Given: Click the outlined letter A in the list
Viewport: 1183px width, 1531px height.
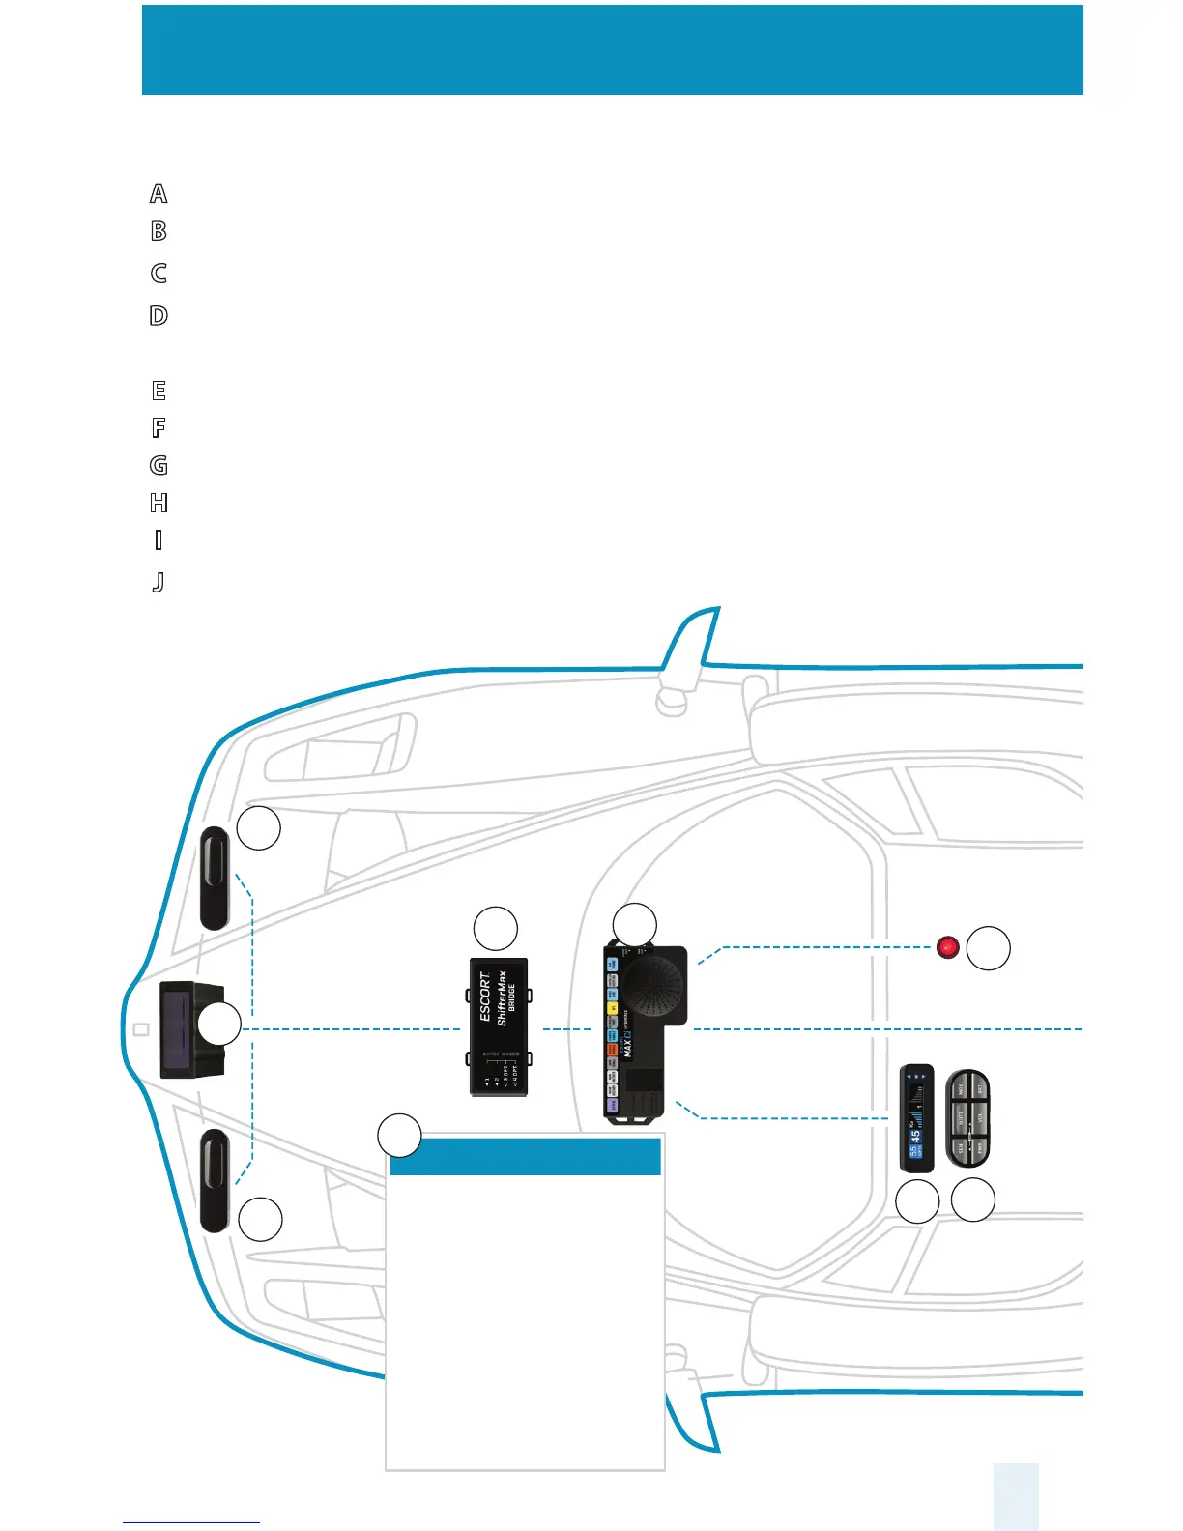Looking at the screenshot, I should [x=159, y=193].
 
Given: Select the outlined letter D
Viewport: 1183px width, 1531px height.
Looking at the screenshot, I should [x=159, y=315].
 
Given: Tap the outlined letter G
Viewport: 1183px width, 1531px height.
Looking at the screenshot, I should [x=159, y=465].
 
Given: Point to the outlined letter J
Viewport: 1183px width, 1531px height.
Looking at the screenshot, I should [x=159, y=582].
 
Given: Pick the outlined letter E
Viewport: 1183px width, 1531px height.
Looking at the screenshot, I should [x=159, y=390].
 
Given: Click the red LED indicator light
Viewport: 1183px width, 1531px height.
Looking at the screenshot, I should [x=948, y=947].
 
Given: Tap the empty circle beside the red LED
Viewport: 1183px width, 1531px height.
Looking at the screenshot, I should [x=989, y=948].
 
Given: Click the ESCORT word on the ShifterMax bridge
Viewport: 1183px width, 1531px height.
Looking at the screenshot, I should [x=486, y=997].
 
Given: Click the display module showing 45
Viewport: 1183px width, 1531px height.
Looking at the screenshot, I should [x=916, y=1118].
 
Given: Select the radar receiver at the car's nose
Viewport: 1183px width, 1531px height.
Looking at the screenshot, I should [x=191, y=1028].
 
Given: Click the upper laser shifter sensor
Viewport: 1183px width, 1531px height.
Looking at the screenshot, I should [x=215, y=878].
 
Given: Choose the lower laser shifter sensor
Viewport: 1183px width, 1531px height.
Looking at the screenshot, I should [x=215, y=1180].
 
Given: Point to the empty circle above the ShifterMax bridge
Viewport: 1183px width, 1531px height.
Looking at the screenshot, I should [x=495, y=929].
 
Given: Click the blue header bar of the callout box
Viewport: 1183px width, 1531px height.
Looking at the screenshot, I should [x=525, y=1157].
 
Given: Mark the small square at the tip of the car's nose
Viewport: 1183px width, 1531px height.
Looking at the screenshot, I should [x=141, y=1029].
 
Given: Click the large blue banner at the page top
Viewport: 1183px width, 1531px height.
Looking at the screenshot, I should [x=612, y=49].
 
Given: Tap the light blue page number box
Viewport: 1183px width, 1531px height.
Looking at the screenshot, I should [x=1015, y=1496].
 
